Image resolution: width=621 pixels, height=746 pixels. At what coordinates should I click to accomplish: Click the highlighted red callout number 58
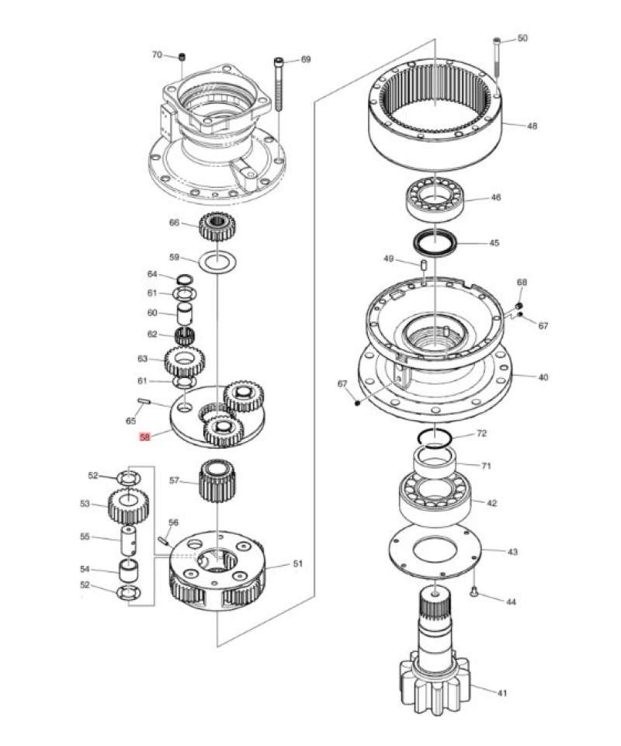[x=144, y=438]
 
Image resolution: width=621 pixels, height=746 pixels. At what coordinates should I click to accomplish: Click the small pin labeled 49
[x=425, y=265]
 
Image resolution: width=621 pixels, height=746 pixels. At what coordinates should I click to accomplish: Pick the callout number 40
[x=543, y=377]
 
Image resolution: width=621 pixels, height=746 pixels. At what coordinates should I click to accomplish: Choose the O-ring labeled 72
[x=435, y=437]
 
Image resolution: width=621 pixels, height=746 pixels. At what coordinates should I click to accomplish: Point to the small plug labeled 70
[x=181, y=57]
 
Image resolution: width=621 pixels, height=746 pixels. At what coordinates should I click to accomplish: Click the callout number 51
[x=297, y=564]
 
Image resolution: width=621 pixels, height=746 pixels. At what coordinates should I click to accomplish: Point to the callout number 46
[x=495, y=198]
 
